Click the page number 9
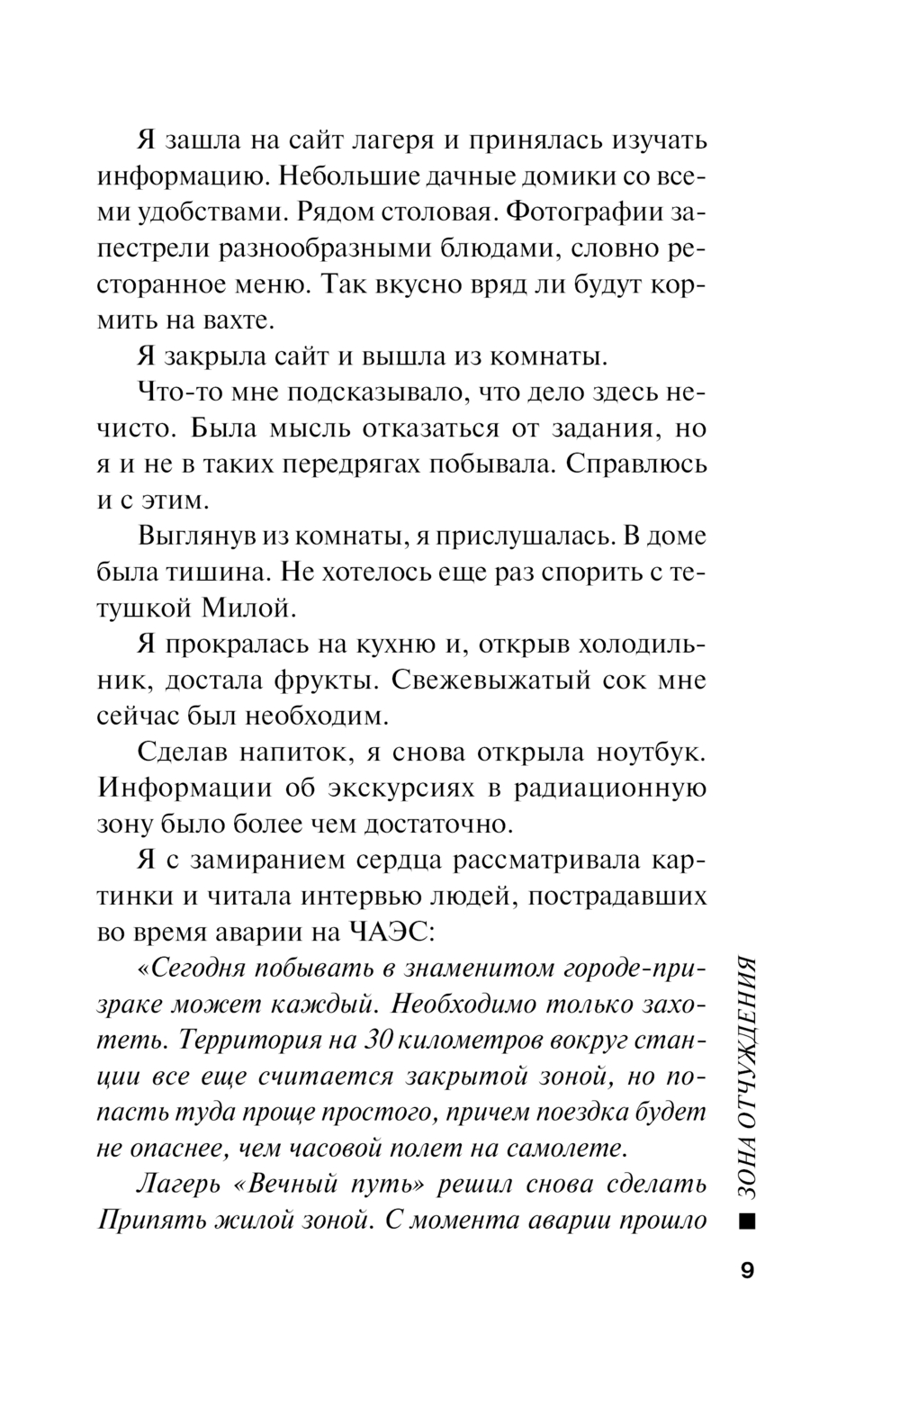click(x=747, y=1271)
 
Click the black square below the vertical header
click(x=746, y=1221)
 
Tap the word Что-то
click(x=176, y=392)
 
